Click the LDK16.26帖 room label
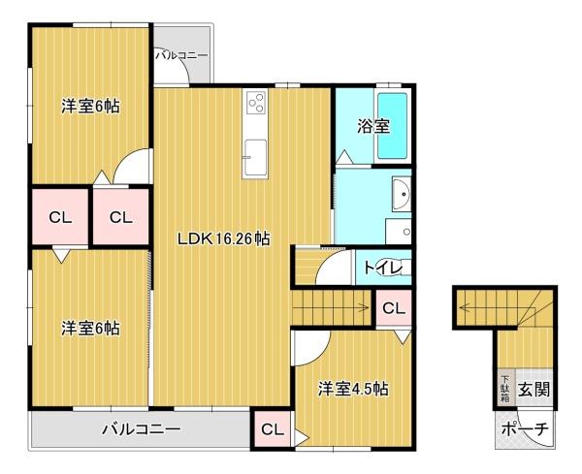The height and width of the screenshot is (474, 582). coord(222,238)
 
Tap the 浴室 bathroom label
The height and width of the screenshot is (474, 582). coord(373,127)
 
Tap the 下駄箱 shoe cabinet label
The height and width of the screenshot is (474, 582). coord(504,390)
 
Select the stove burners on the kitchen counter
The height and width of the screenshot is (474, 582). coord(257,102)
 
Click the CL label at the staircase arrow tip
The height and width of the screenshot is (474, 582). coord(393,308)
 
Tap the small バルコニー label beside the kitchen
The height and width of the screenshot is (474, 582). coord(182,56)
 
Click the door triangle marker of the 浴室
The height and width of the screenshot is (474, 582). coord(343,157)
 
